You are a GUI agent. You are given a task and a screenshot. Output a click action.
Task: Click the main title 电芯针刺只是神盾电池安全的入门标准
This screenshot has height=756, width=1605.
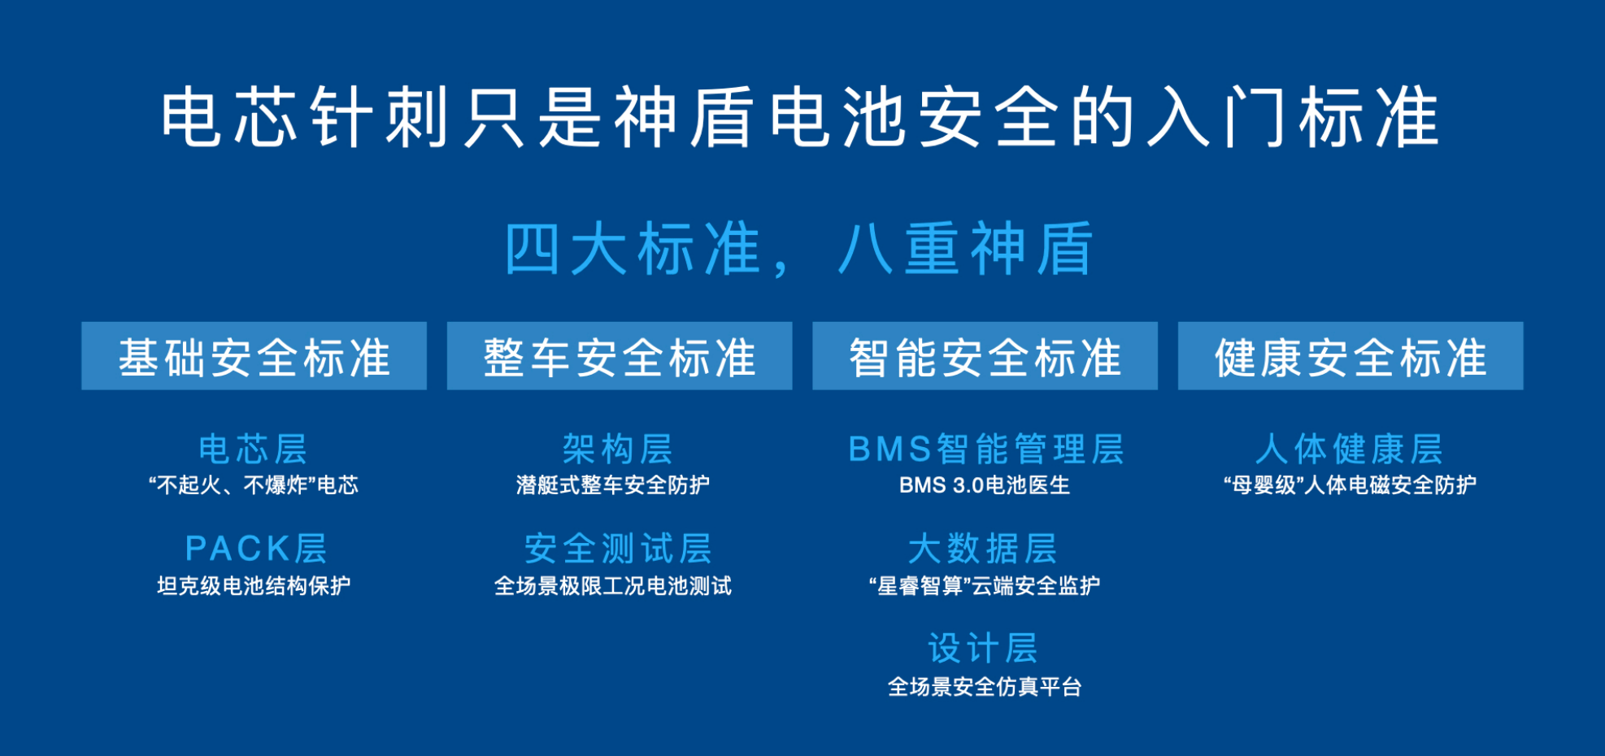800,119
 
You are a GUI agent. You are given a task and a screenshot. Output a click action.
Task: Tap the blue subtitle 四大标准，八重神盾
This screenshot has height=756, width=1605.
800,249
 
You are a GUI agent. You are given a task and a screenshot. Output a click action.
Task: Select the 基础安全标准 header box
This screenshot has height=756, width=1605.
254,356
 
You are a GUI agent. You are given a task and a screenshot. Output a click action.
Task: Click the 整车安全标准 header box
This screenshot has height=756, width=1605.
620,356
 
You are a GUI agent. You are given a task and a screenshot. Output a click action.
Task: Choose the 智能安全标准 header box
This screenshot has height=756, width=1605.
985,356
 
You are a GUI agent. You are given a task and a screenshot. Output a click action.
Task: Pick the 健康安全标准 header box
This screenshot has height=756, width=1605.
1351,356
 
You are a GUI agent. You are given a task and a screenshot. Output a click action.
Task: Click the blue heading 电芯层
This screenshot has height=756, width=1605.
254,449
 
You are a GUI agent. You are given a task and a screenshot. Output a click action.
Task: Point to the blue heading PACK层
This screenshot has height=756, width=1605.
256,549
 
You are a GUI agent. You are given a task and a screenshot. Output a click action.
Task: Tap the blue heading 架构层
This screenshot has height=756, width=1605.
619,449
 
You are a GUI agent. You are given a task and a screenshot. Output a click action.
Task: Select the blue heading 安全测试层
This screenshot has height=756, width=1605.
619,549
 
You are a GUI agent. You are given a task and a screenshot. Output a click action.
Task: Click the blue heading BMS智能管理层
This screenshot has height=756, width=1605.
986,449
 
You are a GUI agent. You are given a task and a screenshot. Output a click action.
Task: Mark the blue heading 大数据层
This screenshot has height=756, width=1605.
983,549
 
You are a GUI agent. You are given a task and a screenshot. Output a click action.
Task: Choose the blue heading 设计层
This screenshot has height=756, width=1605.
984,649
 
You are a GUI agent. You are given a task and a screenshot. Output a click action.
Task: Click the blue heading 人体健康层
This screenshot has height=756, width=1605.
1350,449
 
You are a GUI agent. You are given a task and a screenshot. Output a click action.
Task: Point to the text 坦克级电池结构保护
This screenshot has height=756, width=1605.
254,586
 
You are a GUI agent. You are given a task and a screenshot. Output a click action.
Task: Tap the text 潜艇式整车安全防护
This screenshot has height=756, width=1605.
613,485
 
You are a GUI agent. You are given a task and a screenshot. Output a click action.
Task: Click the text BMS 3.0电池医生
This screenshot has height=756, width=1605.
985,485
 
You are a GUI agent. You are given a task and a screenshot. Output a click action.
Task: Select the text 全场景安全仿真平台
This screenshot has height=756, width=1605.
985,687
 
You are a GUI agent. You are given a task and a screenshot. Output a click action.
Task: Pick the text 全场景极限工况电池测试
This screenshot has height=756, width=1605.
613,586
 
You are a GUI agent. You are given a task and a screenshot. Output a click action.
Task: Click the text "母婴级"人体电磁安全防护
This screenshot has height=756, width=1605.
1351,485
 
